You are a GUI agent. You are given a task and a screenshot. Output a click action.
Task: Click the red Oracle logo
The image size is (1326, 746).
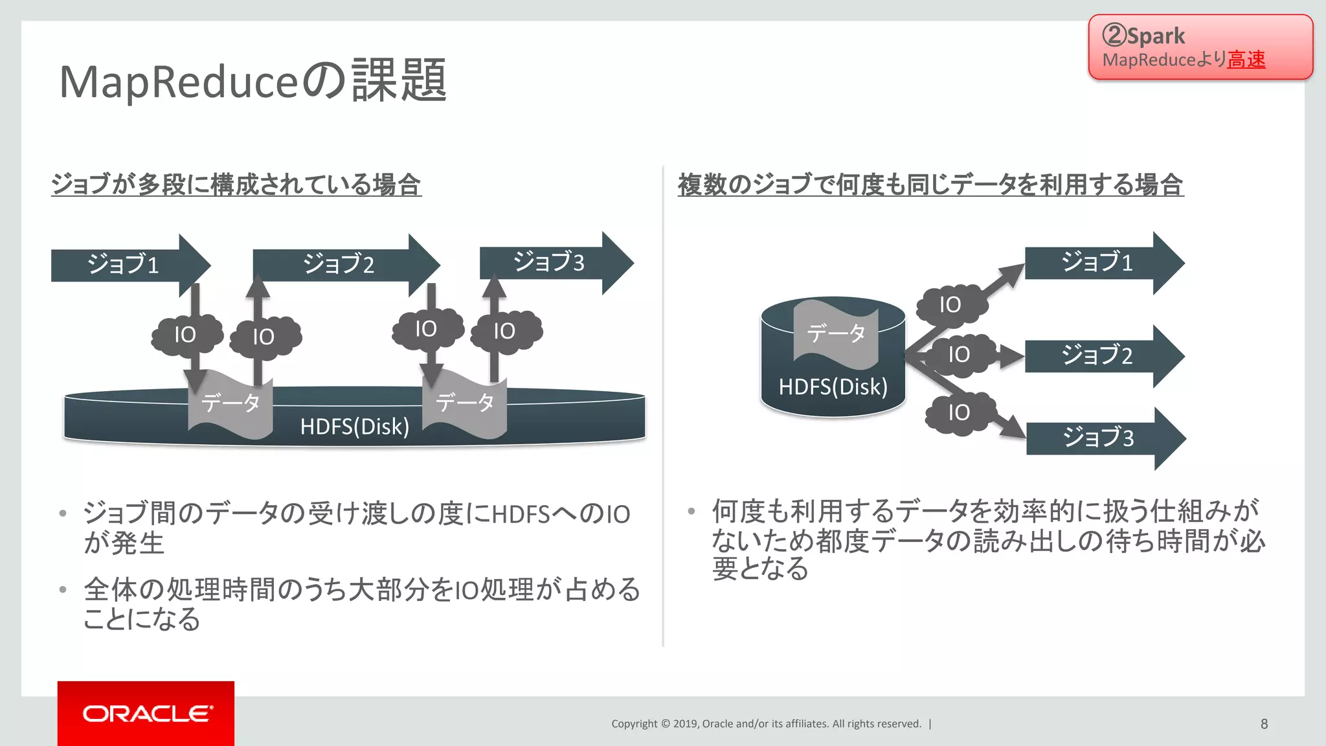pyautogui.click(x=146, y=713)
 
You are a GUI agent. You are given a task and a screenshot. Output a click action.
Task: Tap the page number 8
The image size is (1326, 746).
pyautogui.click(x=1264, y=723)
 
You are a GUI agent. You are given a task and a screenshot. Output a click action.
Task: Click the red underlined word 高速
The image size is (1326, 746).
pyautogui.click(x=1246, y=60)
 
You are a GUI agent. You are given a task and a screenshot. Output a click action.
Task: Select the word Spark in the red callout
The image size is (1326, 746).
pyautogui.click(x=1156, y=36)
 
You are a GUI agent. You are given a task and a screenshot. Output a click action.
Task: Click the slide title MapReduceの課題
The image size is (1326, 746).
pyautogui.click(x=253, y=82)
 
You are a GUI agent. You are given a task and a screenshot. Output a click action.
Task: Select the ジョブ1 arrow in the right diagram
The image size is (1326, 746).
pyautogui.click(x=1097, y=262)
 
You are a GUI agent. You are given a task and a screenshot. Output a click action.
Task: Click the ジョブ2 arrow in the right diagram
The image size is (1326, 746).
pyautogui.click(x=1097, y=356)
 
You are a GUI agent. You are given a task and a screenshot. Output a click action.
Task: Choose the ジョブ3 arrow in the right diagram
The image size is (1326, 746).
pyautogui.click(x=1099, y=438)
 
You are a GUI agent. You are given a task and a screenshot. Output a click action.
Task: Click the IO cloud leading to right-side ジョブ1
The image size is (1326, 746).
pyautogui.click(x=950, y=304)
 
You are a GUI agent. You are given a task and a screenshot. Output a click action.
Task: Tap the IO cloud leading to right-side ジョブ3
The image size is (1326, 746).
pyautogui.click(x=959, y=412)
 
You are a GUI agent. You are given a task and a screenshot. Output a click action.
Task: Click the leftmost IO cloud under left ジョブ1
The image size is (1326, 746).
pyautogui.click(x=185, y=335)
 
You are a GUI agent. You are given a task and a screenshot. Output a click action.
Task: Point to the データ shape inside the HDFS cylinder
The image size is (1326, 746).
pyautogui.click(x=835, y=333)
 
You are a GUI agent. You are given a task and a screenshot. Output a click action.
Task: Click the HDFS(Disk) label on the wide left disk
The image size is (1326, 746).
pyautogui.click(x=354, y=427)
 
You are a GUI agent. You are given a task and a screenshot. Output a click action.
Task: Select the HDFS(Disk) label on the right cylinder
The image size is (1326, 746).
pyautogui.click(x=833, y=387)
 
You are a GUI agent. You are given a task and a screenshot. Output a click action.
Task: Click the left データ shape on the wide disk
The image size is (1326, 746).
pyautogui.click(x=230, y=403)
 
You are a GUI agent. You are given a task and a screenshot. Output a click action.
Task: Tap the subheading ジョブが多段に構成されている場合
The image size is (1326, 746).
pyautogui.click(x=236, y=185)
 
